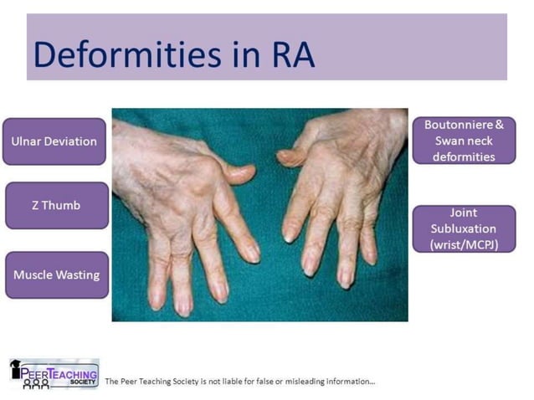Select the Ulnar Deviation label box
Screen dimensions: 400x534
[54, 141]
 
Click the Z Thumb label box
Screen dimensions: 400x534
[57, 205]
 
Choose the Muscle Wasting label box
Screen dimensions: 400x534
[57, 274]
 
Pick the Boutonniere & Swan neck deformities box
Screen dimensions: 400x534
[464, 141]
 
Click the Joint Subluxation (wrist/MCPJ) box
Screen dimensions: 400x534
[464, 228]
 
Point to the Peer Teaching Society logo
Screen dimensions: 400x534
[54, 373]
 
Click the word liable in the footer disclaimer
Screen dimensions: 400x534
[234, 382]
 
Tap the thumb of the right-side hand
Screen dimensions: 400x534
[290, 156]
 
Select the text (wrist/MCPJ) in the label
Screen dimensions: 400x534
[464, 244]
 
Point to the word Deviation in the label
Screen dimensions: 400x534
[70, 141]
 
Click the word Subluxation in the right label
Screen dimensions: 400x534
[464, 228]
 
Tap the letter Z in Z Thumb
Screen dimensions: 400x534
[36, 205]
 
